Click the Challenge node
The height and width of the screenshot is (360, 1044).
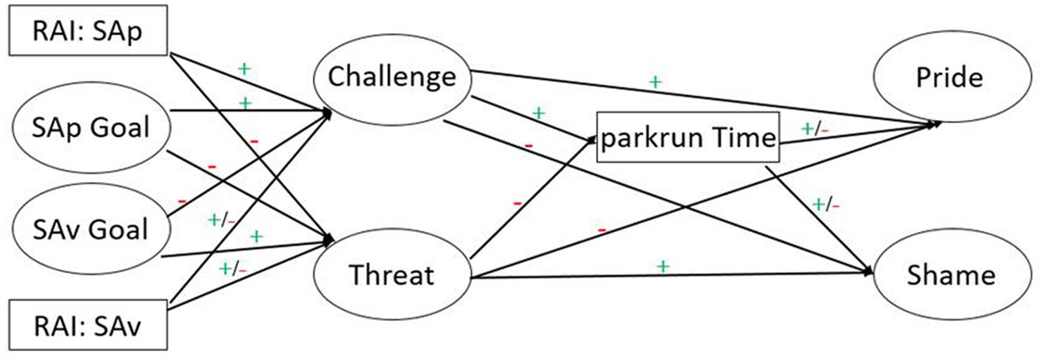pyautogui.click(x=391, y=76)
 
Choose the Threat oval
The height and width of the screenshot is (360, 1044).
pyautogui.click(x=391, y=275)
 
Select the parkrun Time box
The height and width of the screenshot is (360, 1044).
pyautogui.click(x=686, y=138)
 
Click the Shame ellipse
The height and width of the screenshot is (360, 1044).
pyautogui.click(x=950, y=275)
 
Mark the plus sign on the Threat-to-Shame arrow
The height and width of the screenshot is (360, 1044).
pyautogui.click(x=663, y=266)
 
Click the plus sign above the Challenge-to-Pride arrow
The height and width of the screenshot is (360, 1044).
pyautogui.click(x=655, y=82)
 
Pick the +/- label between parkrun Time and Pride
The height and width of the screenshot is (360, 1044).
pyautogui.click(x=815, y=129)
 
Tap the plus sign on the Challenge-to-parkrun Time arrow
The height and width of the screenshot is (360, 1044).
pyautogui.click(x=539, y=113)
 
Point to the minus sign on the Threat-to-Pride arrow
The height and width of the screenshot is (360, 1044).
pyautogui.click(x=602, y=230)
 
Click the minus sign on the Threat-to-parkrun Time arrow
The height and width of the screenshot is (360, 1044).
pyautogui.click(x=518, y=202)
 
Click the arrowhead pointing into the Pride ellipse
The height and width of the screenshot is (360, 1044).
pyautogui.click(x=936, y=125)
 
